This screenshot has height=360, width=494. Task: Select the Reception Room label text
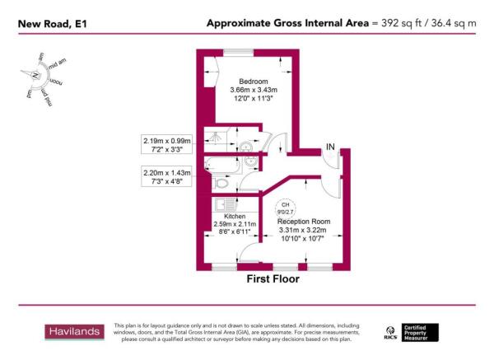[x=303, y=221]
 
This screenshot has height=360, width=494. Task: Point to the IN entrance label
[x=329, y=147]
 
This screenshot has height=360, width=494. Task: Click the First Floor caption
[x=273, y=279]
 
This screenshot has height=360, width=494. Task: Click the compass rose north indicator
[x=36, y=75]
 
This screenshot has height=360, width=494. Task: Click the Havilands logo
[x=73, y=332]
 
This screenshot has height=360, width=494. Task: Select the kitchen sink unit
[x=222, y=203]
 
